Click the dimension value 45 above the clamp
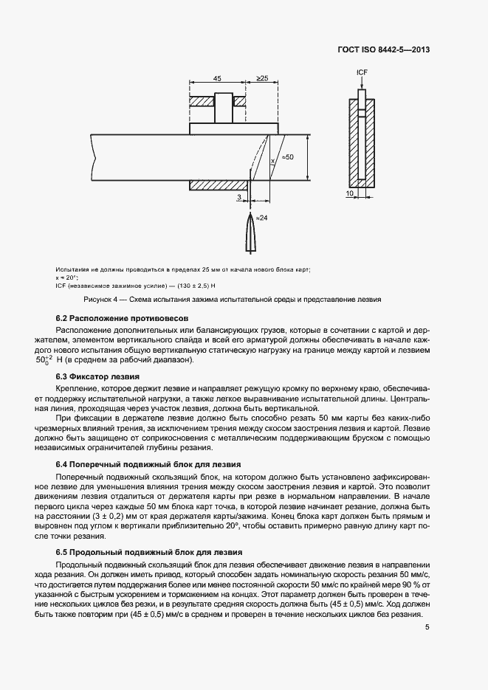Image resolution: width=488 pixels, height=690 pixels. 218,77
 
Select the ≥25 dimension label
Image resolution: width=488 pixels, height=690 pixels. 262,77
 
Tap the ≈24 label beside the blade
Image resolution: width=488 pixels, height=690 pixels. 261,218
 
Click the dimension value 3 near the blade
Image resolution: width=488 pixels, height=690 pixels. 238,197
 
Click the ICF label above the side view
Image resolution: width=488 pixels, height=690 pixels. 362,72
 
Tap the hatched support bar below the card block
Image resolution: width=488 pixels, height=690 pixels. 219,184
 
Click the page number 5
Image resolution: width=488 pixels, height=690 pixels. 427,628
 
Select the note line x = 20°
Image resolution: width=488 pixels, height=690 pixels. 66,278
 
